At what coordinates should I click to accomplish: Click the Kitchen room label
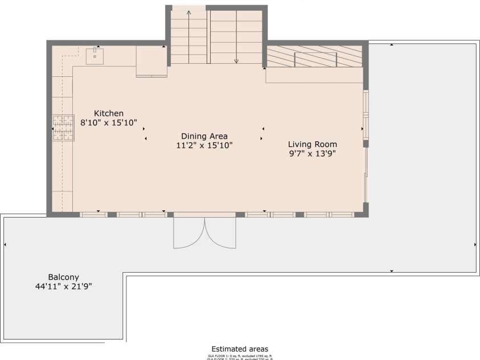(x=108, y=113)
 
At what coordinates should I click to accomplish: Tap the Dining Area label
(x=204, y=136)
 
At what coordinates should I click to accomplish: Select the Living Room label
(x=312, y=144)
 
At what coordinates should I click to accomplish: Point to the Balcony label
(x=63, y=277)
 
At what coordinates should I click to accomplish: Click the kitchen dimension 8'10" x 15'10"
(x=108, y=122)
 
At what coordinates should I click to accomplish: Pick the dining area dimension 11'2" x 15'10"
(x=204, y=145)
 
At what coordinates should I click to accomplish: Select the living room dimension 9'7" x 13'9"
(x=312, y=153)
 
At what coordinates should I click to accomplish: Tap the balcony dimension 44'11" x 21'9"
(x=63, y=287)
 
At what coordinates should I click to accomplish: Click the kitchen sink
(x=95, y=56)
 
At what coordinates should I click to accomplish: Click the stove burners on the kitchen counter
(x=63, y=127)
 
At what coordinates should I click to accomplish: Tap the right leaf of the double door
(x=220, y=234)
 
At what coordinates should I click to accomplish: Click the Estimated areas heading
(x=240, y=349)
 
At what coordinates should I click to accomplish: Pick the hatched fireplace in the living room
(x=315, y=56)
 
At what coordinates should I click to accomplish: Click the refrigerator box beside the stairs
(x=151, y=61)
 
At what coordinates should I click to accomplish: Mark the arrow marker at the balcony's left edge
(x=5, y=244)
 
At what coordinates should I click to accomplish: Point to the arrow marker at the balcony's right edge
(x=475, y=244)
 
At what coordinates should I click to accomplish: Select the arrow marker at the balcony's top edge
(x=392, y=44)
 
